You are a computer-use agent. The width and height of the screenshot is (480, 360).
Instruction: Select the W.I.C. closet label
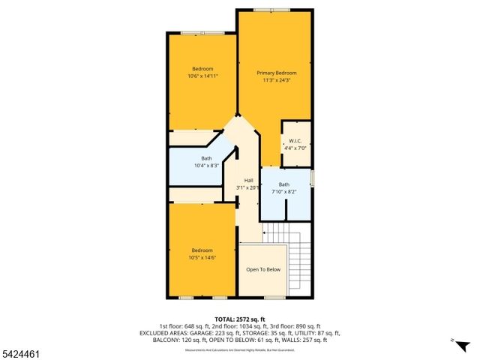click(x=295, y=141)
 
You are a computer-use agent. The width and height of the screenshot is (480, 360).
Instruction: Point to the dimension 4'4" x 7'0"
click(x=295, y=148)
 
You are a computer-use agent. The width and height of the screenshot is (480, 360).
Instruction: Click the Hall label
click(x=248, y=180)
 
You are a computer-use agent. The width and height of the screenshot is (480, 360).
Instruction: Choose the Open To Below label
click(x=263, y=269)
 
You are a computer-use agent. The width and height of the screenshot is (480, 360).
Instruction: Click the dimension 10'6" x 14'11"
click(x=202, y=76)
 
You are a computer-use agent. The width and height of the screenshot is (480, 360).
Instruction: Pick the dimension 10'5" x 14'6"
click(x=202, y=258)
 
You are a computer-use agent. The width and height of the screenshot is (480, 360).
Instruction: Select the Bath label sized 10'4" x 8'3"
click(x=206, y=158)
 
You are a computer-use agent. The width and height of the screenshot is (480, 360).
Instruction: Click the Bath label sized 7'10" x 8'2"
click(x=284, y=184)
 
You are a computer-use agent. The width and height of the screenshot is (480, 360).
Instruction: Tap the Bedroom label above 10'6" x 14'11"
click(x=202, y=69)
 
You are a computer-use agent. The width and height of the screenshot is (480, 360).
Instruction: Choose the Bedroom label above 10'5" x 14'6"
click(x=202, y=250)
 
